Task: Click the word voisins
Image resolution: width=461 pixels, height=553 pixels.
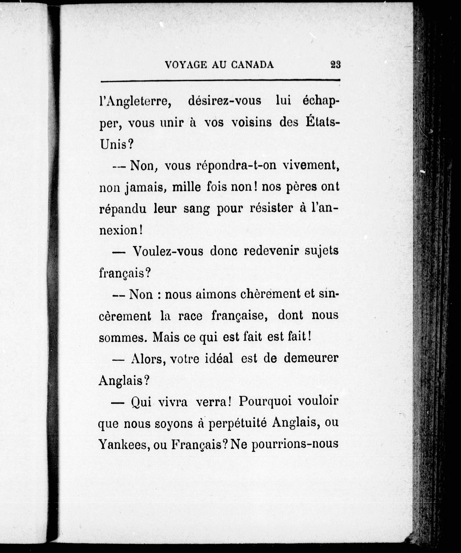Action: (251, 123)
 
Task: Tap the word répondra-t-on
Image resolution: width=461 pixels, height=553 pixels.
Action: (236, 166)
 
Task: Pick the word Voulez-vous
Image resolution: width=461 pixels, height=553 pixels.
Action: (168, 252)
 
